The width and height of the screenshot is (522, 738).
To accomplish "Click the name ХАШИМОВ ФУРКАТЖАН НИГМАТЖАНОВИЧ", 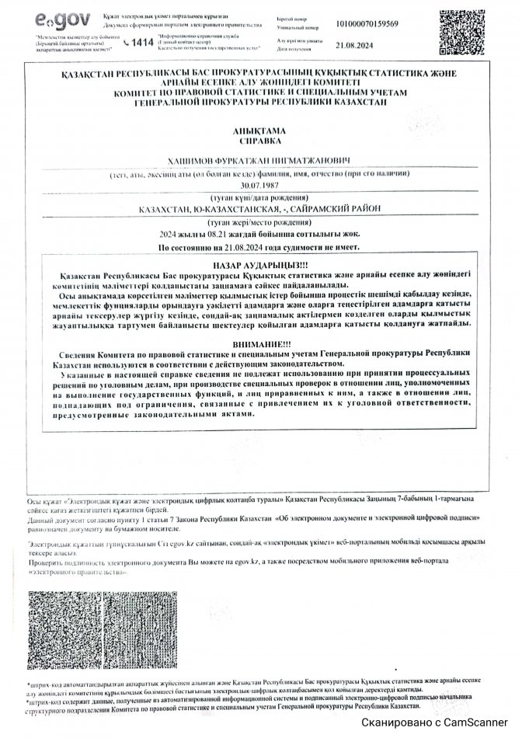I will pyautogui.click(x=259, y=161).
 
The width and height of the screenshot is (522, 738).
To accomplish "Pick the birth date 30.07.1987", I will pyautogui.click(x=259, y=187).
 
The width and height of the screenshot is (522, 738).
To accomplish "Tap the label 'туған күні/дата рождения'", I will pyautogui.click(x=259, y=199).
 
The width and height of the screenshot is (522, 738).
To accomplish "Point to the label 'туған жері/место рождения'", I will pyautogui.click(x=259, y=223).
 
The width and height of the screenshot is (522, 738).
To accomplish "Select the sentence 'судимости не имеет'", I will pyautogui.click(x=259, y=247).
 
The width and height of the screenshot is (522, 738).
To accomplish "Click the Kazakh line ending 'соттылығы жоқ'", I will pyautogui.click(x=259, y=235).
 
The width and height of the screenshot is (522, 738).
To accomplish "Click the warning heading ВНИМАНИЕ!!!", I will pyautogui.click(x=259, y=344).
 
